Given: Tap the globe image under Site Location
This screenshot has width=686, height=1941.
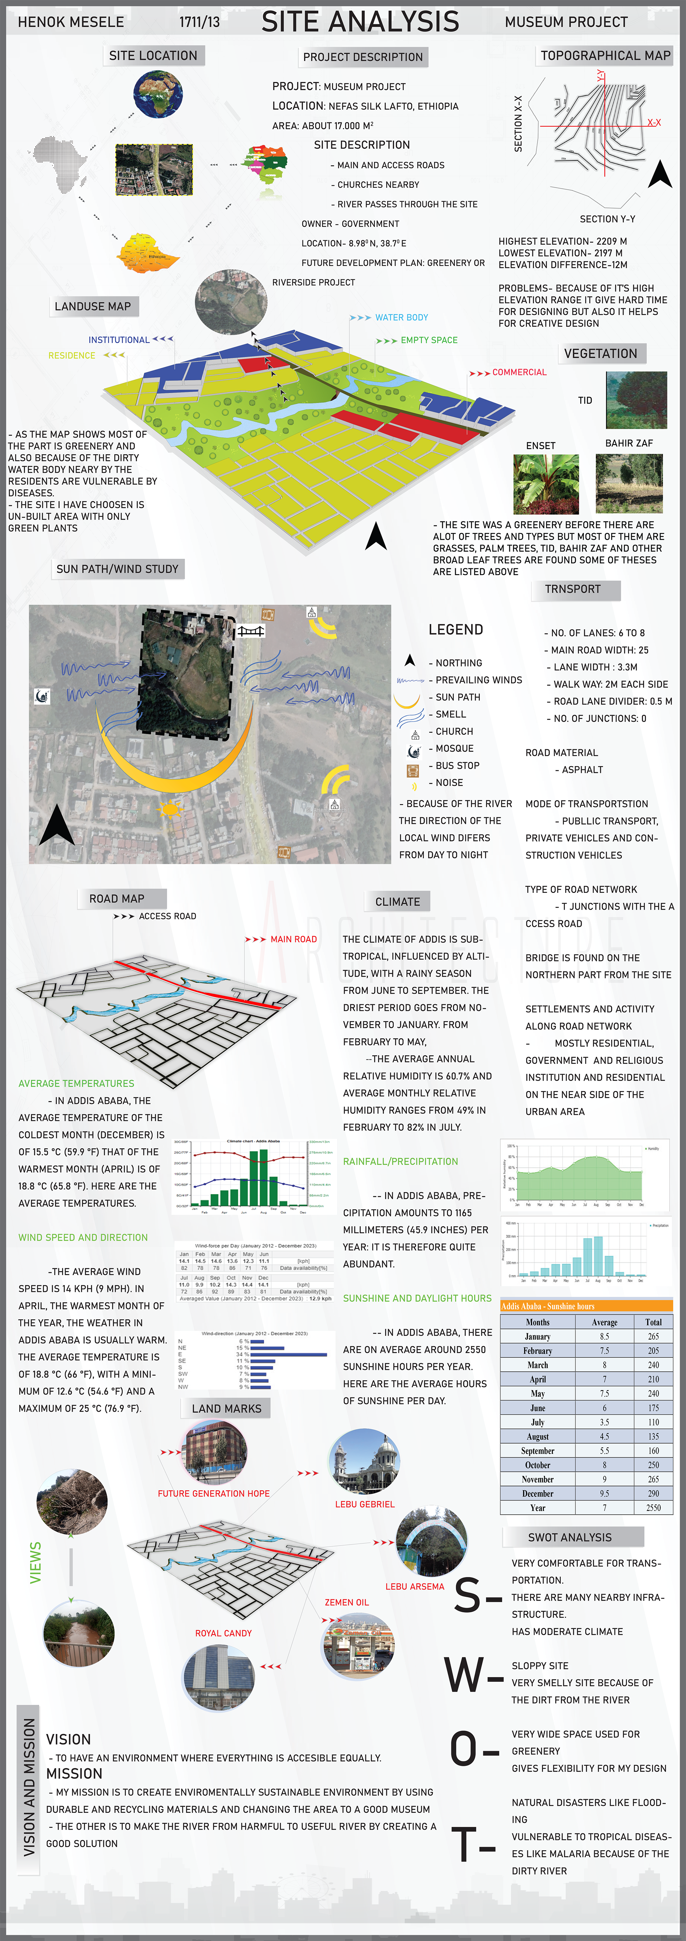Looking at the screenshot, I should [x=157, y=94].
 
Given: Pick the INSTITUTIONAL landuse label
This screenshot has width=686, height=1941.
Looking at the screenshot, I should [x=119, y=340].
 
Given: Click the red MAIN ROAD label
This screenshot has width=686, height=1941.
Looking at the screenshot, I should [x=293, y=939].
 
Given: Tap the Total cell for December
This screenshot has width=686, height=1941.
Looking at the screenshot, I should [x=653, y=1493].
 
